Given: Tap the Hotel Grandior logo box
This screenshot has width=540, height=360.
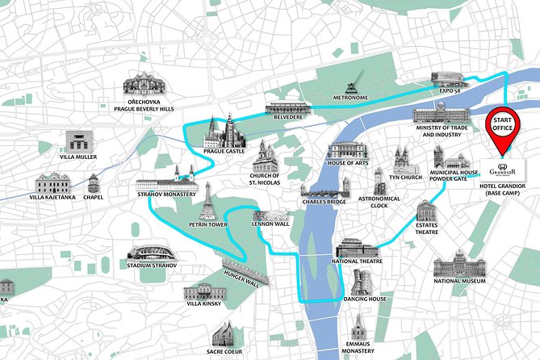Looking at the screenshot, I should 504,170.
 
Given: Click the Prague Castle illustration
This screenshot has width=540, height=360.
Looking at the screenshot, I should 224,130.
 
